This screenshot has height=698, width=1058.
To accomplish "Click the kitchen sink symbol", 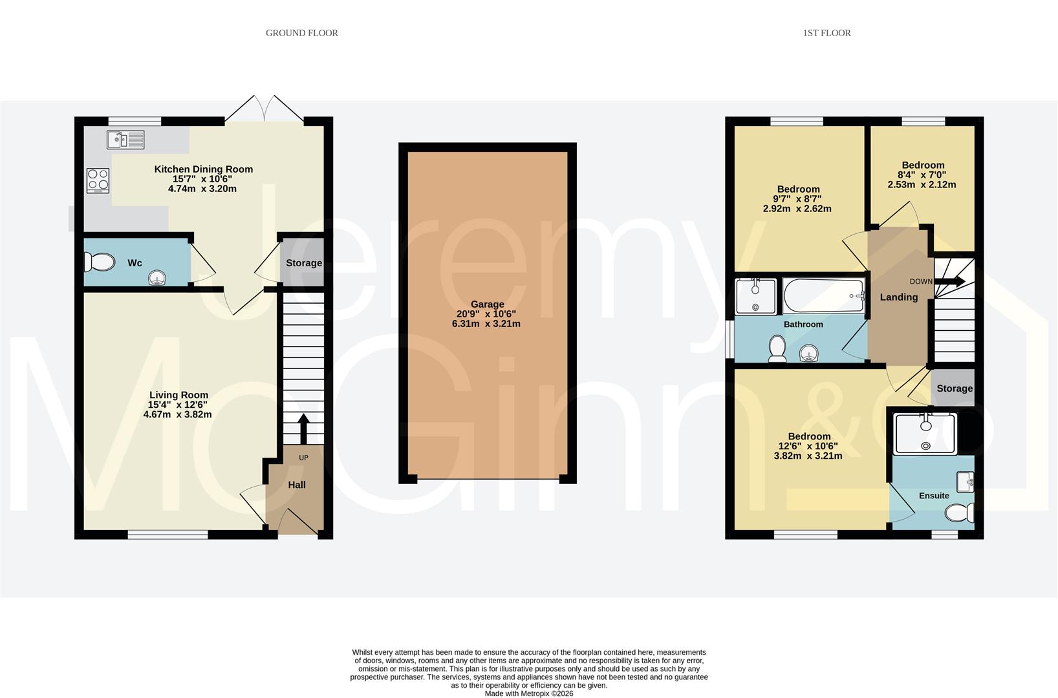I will tap(126, 139).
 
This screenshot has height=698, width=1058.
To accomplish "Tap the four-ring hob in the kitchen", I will tap(98, 181).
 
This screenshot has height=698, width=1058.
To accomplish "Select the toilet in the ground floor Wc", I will tap(98, 262).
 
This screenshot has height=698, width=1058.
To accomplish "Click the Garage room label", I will tap(487, 304).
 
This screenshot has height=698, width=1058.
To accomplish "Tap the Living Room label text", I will tap(178, 395).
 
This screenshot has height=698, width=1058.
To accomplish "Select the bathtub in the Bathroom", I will tap(823, 295).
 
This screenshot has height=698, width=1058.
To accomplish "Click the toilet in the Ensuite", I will tap(960, 513).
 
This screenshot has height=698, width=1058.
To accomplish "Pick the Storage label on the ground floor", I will tap(304, 263).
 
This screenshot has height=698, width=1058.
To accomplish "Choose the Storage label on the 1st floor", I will tap(954, 388).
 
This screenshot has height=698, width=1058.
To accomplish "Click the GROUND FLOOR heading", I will tap(301, 33).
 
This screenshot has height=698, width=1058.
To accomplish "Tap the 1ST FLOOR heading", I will tap(826, 33).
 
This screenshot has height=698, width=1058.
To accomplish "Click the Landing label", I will tap(898, 297).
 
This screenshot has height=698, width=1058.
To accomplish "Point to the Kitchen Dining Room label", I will tap(203, 169).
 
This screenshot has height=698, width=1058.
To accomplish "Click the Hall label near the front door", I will tap(297, 485).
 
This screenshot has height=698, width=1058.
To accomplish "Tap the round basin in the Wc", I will tap(157, 279).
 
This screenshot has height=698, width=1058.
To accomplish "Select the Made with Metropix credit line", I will tap(528, 693).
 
